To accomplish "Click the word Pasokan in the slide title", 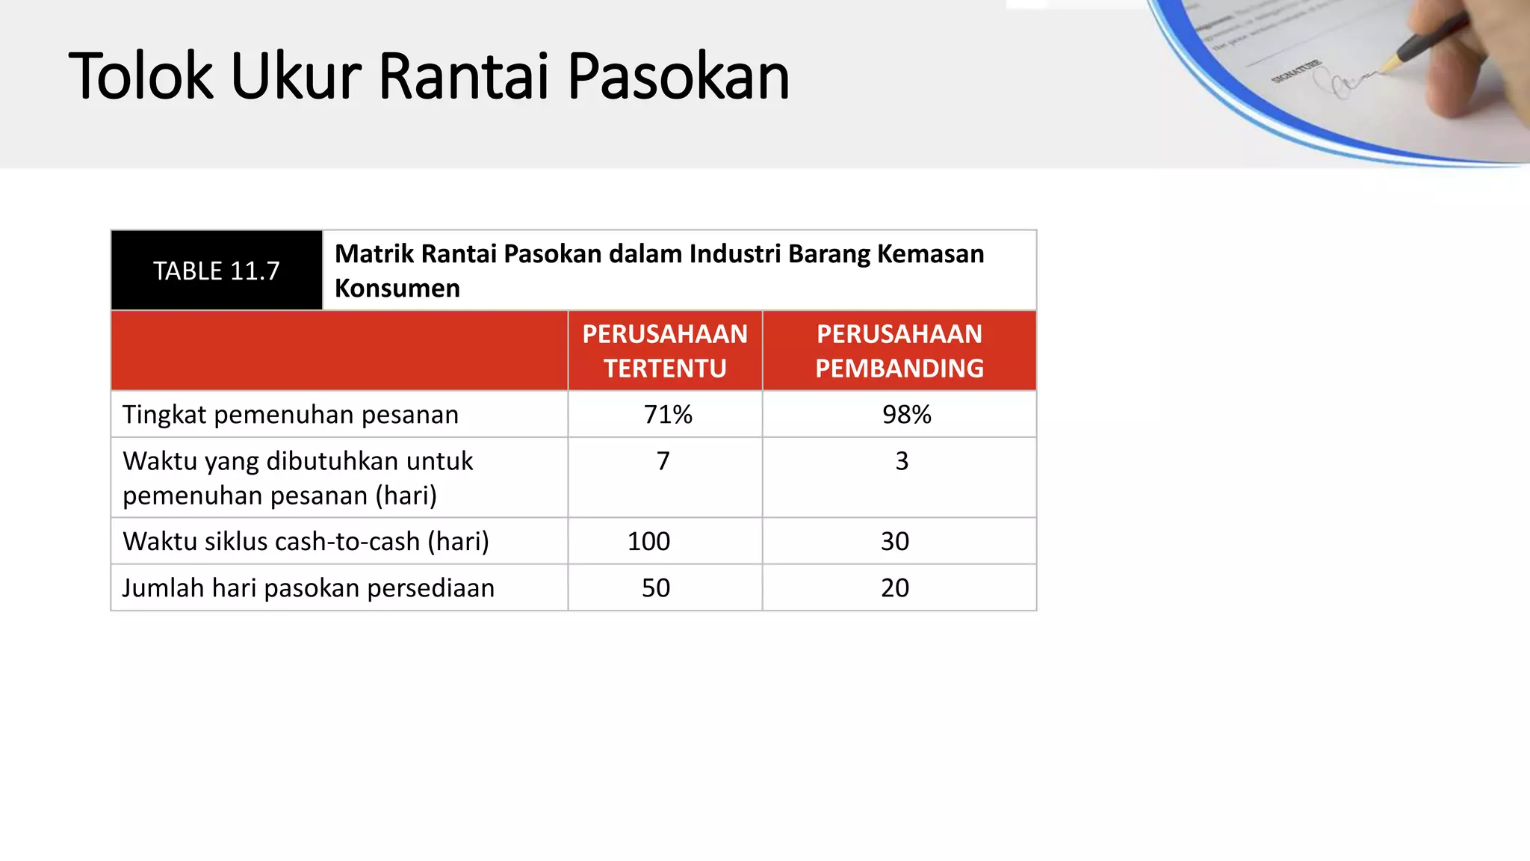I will (x=678, y=77).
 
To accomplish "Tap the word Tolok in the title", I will (x=140, y=77).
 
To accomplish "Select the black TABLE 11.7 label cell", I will (x=217, y=271).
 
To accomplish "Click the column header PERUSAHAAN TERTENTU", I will (x=665, y=351).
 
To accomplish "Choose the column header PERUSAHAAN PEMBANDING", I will (x=899, y=351).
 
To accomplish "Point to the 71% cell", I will (x=668, y=415).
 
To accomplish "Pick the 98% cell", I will (x=906, y=415).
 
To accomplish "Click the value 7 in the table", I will (x=663, y=461).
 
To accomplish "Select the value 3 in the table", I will (x=902, y=461).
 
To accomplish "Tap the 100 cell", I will (x=648, y=541).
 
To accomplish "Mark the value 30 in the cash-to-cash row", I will (x=895, y=541).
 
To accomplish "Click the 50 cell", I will (x=656, y=588).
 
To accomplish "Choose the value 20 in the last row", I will (x=895, y=588).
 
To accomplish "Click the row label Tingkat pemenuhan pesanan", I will (x=291, y=415).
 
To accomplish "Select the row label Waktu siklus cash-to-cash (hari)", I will (x=306, y=541).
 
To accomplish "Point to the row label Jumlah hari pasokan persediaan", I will (x=309, y=588).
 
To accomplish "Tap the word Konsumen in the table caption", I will (x=397, y=288).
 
